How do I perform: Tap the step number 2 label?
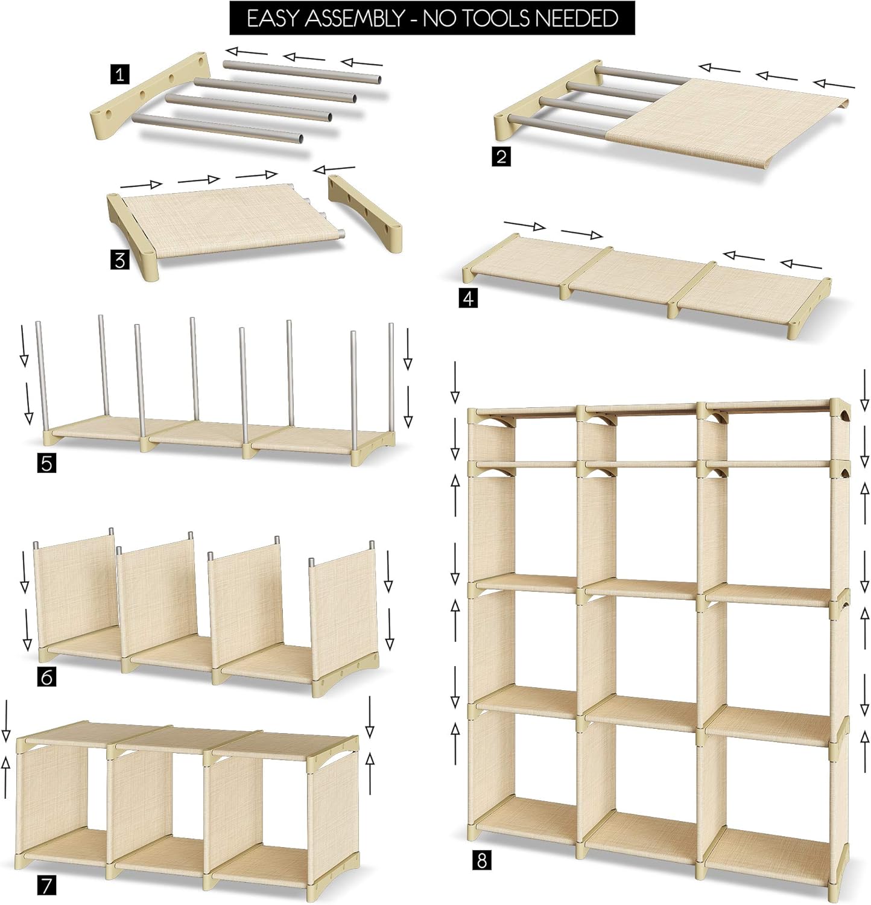pos(501,157)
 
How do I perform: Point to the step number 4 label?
pos(469,298)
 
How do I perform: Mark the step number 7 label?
pos(47,885)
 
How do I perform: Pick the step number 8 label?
pos(481,859)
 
